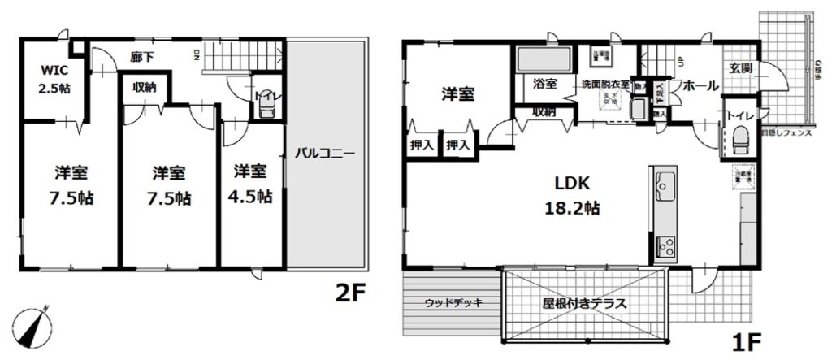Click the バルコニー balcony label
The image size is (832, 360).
point(324,152)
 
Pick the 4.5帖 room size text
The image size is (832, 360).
point(252,196)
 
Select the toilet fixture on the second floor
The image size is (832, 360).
point(265,110)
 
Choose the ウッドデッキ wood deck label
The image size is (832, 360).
point(453,303)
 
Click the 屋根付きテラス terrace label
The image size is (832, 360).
point(584,304)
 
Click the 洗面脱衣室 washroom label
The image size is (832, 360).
point(604,84)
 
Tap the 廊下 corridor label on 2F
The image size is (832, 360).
point(141,57)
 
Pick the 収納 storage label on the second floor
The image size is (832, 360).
point(145,87)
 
